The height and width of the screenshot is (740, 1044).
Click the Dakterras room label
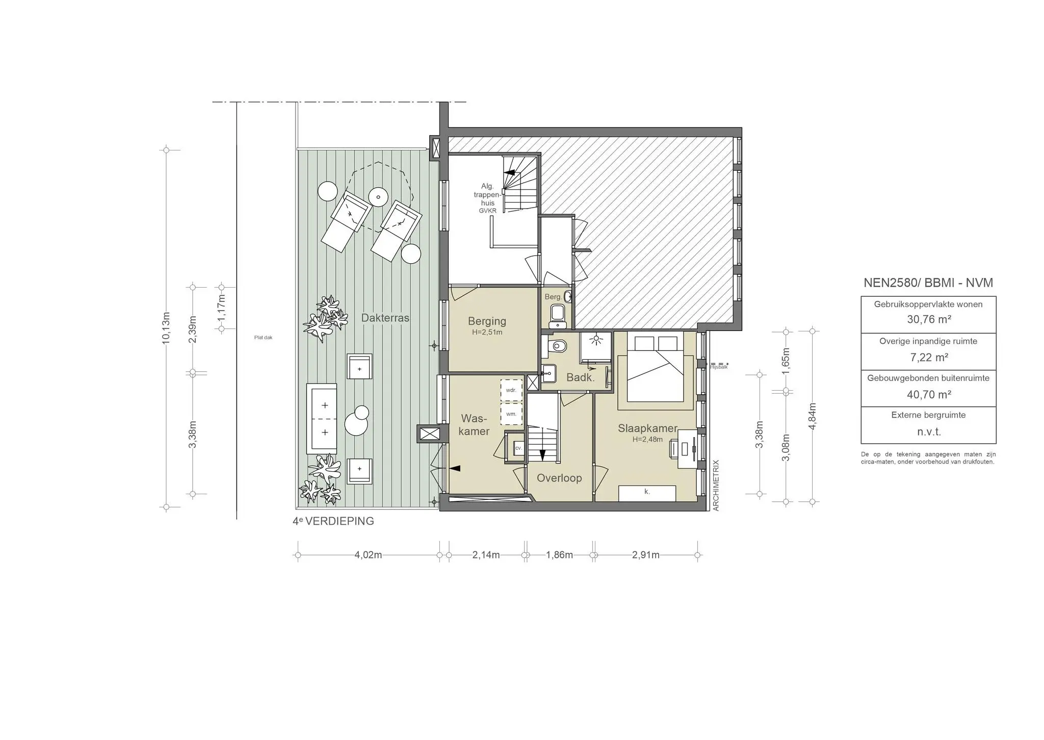coord(385,318)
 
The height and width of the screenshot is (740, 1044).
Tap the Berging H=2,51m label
coord(487,325)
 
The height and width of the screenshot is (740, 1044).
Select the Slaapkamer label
coord(647,428)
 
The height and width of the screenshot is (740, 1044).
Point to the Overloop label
coord(559,478)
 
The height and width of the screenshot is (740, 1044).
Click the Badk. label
coord(580,377)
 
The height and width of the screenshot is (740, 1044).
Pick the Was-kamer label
coord(474,425)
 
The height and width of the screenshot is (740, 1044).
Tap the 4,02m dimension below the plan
coord(368,555)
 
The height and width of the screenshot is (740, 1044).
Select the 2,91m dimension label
coord(645,555)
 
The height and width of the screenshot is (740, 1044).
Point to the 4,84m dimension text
coord(813,416)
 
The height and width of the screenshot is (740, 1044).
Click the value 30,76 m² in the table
coord(929,320)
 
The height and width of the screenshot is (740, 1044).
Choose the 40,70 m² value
coord(929,394)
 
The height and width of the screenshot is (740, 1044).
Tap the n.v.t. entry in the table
coord(929,432)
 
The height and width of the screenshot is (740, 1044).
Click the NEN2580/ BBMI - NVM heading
coord(928,283)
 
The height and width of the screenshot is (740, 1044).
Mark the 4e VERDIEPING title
coord(333,521)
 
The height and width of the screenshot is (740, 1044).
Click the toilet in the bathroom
coord(556,346)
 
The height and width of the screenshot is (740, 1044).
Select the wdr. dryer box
coord(511,390)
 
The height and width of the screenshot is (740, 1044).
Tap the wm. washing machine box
coord(511,414)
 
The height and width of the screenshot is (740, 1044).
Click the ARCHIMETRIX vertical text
coord(716,485)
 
